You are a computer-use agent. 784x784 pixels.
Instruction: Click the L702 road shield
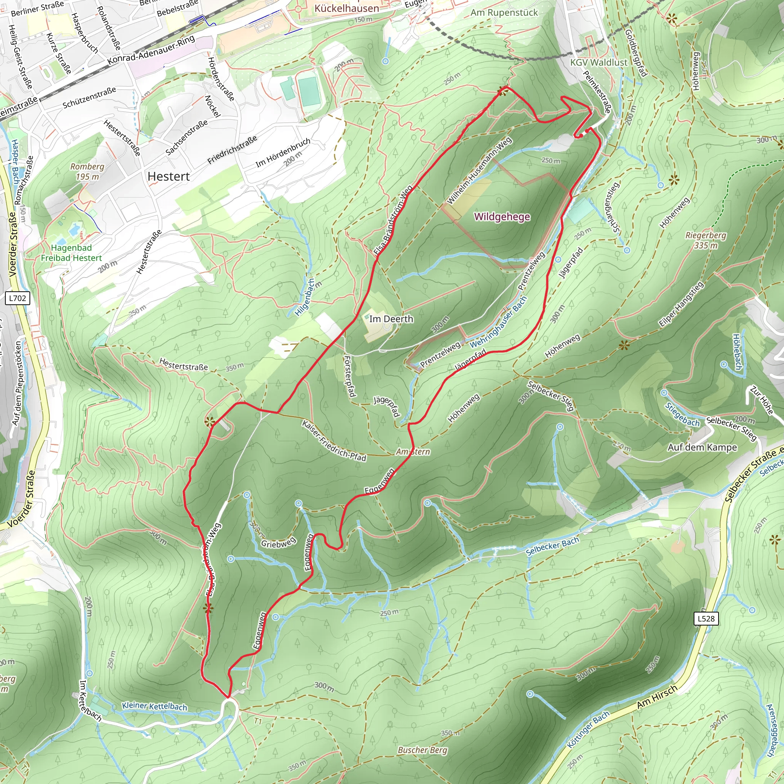[x=18, y=298]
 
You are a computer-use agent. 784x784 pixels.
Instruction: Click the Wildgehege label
[x=502, y=217]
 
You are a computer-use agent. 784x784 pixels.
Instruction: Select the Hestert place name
[x=168, y=176]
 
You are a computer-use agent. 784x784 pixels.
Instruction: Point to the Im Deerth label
[x=391, y=319]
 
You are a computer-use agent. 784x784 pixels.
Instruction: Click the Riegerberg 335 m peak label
[x=706, y=240]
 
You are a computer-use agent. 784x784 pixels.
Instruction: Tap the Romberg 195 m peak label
[x=87, y=171]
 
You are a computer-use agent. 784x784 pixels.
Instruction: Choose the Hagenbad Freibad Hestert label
[x=72, y=253]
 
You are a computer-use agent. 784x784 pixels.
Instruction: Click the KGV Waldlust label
[x=599, y=62]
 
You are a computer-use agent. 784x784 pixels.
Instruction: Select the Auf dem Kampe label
[x=702, y=447]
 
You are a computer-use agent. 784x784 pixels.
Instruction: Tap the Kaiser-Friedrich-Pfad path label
[x=334, y=441]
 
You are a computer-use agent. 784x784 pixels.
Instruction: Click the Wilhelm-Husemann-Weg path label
[x=479, y=171]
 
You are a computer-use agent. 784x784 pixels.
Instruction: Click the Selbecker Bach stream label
[x=552, y=546]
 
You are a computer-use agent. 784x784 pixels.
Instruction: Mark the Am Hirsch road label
[x=657, y=697]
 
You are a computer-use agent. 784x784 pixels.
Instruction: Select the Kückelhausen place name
[x=346, y=8]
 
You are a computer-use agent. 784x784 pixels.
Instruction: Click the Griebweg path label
[x=278, y=543]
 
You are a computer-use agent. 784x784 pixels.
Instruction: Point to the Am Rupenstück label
[x=504, y=13]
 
